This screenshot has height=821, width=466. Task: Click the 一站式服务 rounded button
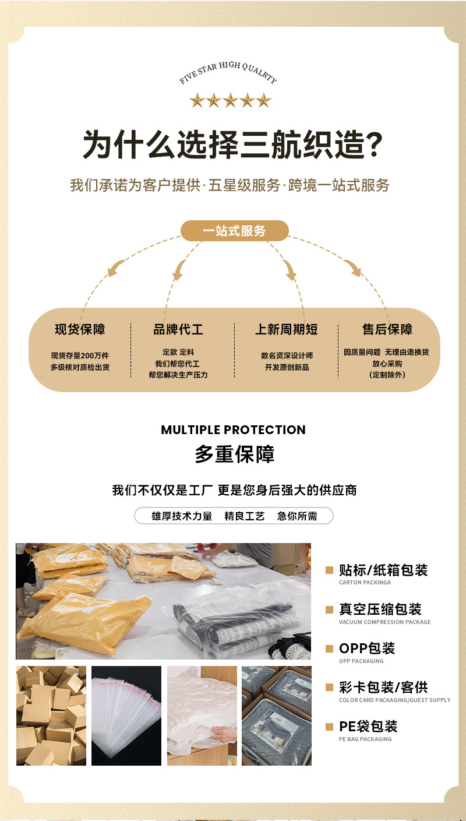tap(234, 231)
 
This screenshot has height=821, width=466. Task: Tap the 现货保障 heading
tap(80, 329)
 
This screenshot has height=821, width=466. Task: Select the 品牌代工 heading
tap(178, 329)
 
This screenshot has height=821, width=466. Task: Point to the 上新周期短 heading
tap(287, 329)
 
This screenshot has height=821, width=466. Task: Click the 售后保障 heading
tap(387, 329)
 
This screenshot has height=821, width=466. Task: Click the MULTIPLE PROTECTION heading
tap(233, 430)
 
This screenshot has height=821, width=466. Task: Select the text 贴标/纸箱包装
tap(383, 570)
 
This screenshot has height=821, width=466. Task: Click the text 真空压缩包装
tap(380, 609)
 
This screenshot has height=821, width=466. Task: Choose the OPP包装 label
tap(367, 648)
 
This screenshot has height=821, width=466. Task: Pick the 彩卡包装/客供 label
tap(383, 687)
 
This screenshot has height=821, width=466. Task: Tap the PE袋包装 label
tap(368, 726)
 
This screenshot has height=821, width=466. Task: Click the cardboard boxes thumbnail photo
tap(51, 716)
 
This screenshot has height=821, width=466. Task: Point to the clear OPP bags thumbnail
tap(126, 716)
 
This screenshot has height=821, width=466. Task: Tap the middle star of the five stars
tap(230, 100)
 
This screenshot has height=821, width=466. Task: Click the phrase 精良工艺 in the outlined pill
tap(245, 516)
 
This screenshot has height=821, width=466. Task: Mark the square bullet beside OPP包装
tap(329, 648)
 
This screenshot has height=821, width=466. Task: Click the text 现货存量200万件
tap(80, 355)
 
